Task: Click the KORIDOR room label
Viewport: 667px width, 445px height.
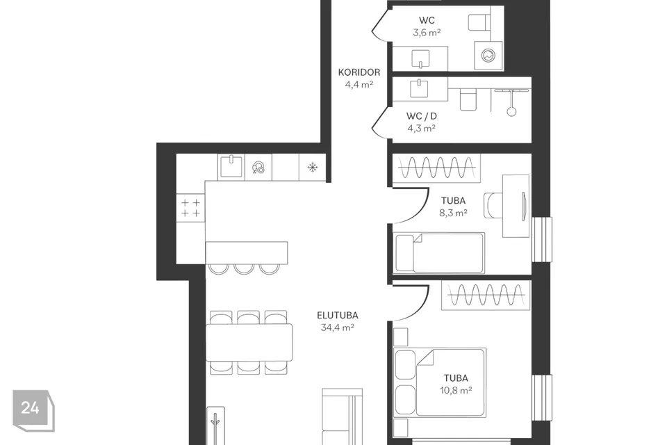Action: (x=359, y=72)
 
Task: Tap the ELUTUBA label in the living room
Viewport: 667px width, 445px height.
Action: (x=338, y=316)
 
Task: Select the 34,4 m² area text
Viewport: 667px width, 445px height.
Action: (x=338, y=327)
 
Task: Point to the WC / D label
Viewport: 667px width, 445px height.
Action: (x=421, y=116)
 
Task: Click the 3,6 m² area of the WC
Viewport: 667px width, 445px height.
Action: (x=427, y=33)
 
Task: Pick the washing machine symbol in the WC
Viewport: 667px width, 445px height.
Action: (x=488, y=56)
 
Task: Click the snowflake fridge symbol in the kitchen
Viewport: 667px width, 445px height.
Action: (x=313, y=168)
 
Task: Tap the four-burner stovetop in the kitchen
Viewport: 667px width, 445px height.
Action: (x=190, y=208)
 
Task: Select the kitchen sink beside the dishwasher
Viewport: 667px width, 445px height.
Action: (x=231, y=166)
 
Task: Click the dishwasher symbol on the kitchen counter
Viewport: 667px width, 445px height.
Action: (x=258, y=168)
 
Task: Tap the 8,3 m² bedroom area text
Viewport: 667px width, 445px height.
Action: (x=454, y=213)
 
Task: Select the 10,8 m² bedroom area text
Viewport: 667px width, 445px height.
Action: (x=456, y=390)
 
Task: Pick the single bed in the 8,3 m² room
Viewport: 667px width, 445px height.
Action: (x=439, y=252)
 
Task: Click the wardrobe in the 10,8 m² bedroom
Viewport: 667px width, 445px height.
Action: (x=486, y=295)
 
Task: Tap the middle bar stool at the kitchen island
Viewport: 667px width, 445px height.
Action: (x=244, y=268)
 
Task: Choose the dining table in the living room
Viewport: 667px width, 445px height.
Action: (x=249, y=342)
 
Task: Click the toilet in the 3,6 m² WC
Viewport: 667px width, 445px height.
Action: (x=479, y=22)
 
